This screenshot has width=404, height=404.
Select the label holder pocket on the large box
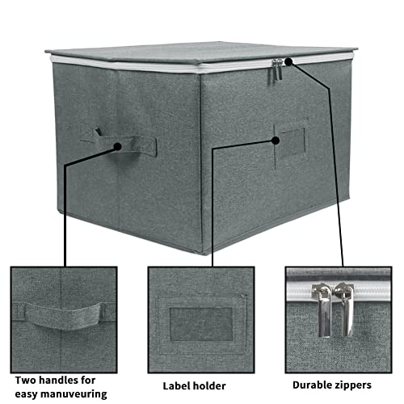[x=290, y=144]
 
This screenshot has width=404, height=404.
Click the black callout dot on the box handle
[x=118, y=147]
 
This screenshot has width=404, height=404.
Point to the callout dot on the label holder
[x=276, y=140]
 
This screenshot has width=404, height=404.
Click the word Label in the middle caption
[x=179, y=385]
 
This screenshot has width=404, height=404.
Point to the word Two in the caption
[x=26, y=379]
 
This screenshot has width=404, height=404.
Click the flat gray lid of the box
[x=194, y=52]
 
